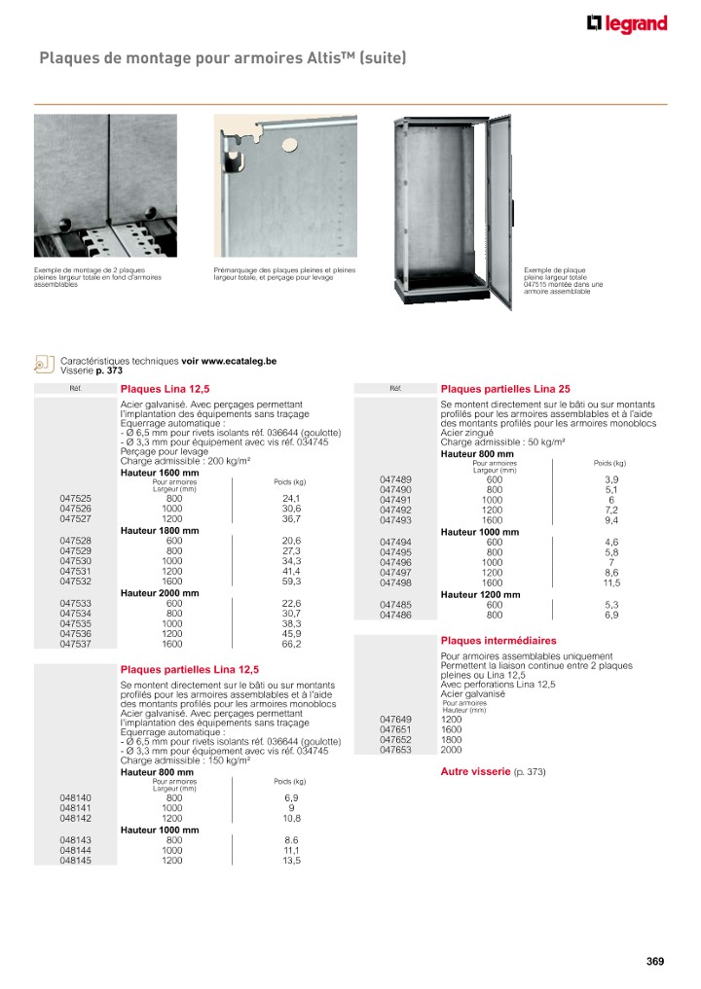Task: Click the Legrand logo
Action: coord(627,24)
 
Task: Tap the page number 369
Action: coord(655,962)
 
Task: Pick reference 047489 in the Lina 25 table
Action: coord(395,479)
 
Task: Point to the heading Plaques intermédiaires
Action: coord(498,641)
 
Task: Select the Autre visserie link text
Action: coord(476,771)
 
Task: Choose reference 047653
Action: coord(395,750)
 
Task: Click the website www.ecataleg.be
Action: coord(239,361)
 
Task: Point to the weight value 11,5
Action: coord(611,583)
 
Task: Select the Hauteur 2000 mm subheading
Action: coord(159,592)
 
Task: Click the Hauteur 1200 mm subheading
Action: coord(480,594)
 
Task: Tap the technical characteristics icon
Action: coord(43,363)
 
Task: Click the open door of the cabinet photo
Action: coord(498,209)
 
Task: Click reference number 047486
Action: coord(395,615)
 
